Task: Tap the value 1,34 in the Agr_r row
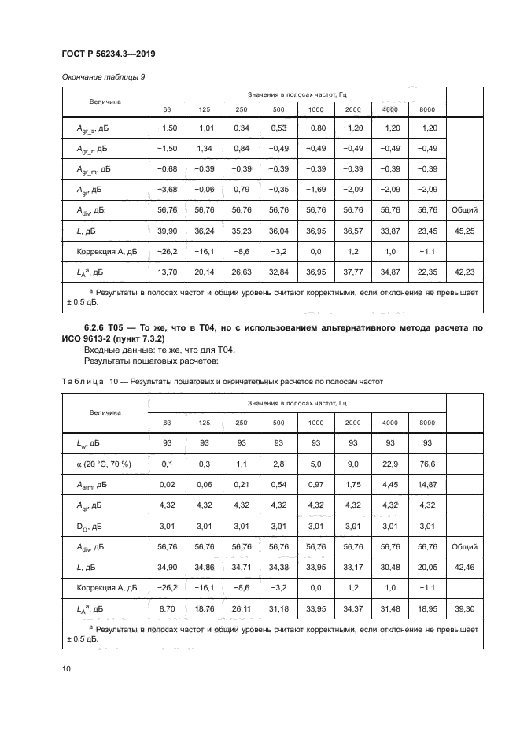pos(204,149)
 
